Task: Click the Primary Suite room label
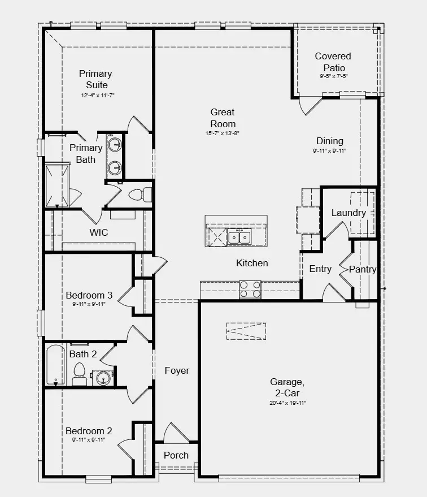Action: pyautogui.click(x=95, y=79)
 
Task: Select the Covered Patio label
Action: pyautogui.click(x=333, y=62)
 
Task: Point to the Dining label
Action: pyautogui.click(x=329, y=141)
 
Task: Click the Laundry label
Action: pyautogui.click(x=348, y=213)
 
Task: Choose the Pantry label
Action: pyautogui.click(x=363, y=269)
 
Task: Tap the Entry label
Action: pyautogui.click(x=320, y=269)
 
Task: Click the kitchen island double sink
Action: pyautogui.click(x=240, y=237)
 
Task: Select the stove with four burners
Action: pyautogui.click(x=250, y=289)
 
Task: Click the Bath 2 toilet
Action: pyautogui.click(x=79, y=374)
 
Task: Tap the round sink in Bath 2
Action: pyautogui.click(x=102, y=378)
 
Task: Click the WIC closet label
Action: pyautogui.click(x=99, y=232)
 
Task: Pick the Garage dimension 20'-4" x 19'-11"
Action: pyautogui.click(x=287, y=403)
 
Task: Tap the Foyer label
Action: pyautogui.click(x=177, y=371)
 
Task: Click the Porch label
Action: pyautogui.click(x=176, y=455)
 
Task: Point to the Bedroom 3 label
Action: pyautogui.click(x=89, y=295)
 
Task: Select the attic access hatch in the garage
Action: pyautogui.click(x=246, y=331)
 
